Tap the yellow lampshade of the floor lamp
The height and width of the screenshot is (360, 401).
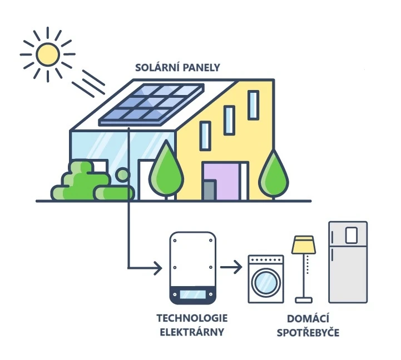[304, 244]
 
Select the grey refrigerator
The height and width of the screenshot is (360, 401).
[348, 262]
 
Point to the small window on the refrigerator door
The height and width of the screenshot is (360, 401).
[351, 236]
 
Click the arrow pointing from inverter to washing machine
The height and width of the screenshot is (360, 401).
[231, 268]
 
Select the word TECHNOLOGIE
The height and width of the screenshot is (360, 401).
[192, 320]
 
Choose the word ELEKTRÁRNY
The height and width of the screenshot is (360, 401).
[192, 333]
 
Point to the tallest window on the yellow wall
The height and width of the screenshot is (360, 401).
[253, 105]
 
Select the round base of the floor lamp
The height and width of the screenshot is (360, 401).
[304, 300]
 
